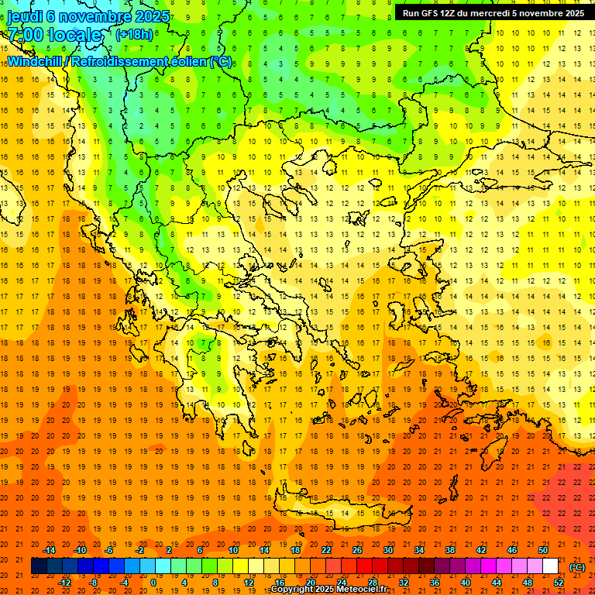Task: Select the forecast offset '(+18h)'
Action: point(134,34)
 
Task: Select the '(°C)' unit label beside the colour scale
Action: point(577,567)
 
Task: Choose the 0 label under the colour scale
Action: point(153,582)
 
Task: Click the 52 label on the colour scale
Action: point(559,582)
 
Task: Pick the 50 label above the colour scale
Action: point(542,550)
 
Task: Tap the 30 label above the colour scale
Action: point(387,550)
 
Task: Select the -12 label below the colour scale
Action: point(65,582)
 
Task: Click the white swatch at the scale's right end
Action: point(550,566)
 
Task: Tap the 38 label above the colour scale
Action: point(449,550)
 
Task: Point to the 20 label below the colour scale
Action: point(310,582)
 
